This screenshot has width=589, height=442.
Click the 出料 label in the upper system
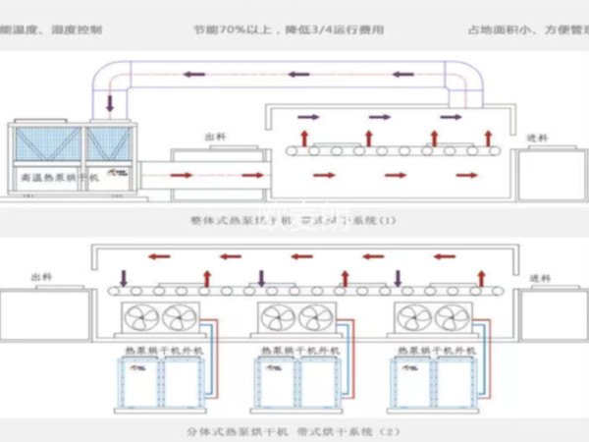[215, 138]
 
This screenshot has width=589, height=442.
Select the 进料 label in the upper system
[537, 138]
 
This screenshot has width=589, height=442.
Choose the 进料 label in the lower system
[539, 278]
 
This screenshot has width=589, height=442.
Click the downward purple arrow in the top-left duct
[108, 102]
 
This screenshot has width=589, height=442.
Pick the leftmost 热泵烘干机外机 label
[151, 350]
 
